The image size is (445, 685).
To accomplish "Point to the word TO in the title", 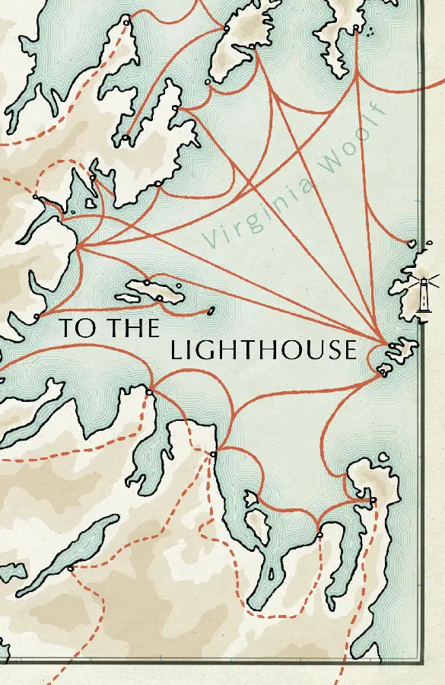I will point(75,329).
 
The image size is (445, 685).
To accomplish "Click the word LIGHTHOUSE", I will point(263,350).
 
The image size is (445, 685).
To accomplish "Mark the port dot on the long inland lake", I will point(70,569).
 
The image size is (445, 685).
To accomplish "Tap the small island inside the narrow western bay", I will point(90,203).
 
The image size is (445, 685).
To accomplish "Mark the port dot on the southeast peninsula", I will point(372,499).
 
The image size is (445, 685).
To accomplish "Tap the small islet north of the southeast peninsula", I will point(383,457).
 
